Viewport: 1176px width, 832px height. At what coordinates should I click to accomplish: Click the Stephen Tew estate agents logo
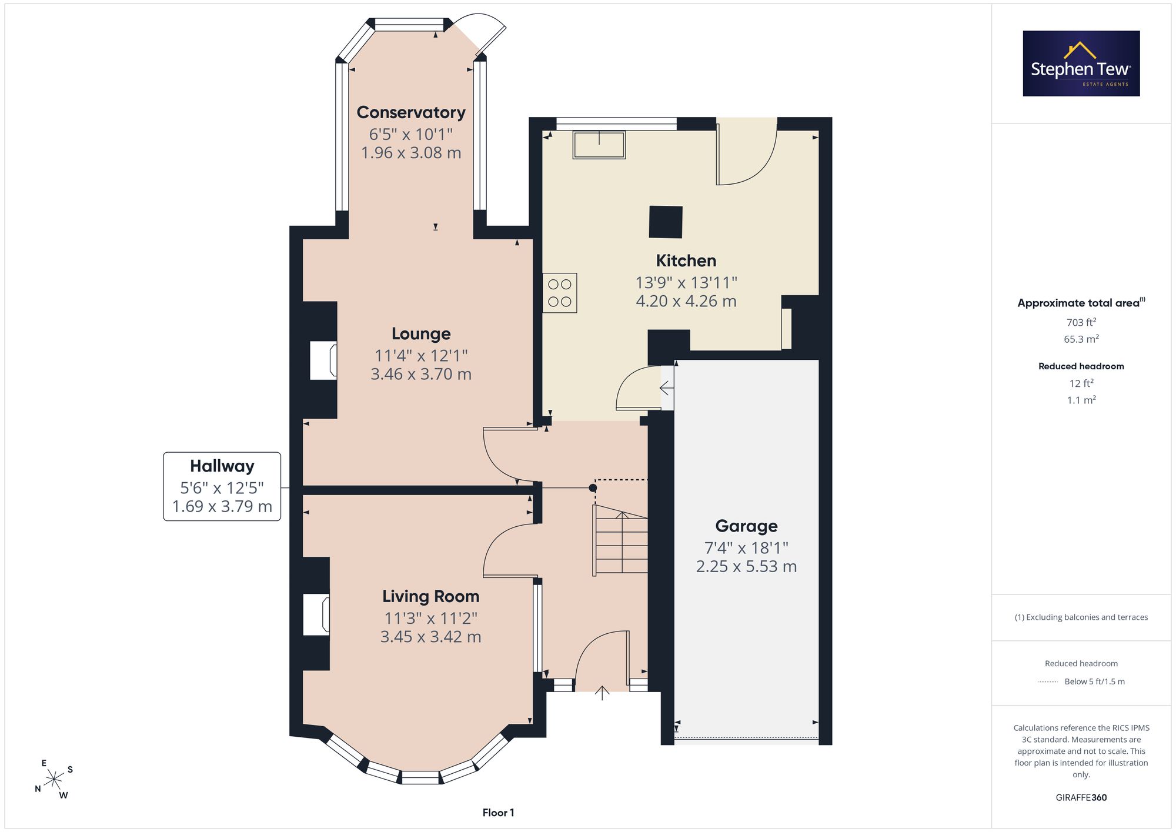[x=1081, y=64]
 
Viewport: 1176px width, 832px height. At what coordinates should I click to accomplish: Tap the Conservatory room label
[x=411, y=112]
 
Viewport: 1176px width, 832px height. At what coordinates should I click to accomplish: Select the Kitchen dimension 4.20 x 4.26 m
[x=686, y=301]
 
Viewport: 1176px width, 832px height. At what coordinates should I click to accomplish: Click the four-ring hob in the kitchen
[x=560, y=293]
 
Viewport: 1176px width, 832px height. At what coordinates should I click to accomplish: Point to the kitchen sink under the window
[x=599, y=145]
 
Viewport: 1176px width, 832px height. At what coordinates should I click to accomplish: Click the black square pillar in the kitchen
[x=666, y=222]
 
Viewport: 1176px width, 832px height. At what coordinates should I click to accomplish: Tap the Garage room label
[x=746, y=526]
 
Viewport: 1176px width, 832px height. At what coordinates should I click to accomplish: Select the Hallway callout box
[x=222, y=486]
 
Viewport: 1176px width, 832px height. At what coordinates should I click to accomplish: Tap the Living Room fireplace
[x=316, y=614]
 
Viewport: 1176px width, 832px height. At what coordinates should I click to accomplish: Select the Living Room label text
[x=431, y=596]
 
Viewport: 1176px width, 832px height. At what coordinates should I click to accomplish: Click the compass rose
[x=54, y=780]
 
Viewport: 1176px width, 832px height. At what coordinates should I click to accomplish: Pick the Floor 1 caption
[x=498, y=813]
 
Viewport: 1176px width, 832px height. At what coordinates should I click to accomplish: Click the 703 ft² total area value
[x=1081, y=322]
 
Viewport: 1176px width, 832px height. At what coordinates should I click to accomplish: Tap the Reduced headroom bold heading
[x=1081, y=366]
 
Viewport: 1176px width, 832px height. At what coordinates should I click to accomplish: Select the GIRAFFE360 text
[x=1081, y=797]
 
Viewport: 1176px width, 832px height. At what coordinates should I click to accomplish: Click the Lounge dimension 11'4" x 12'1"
[x=421, y=355]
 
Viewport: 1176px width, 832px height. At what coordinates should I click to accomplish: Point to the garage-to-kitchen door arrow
[x=667, y=388]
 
